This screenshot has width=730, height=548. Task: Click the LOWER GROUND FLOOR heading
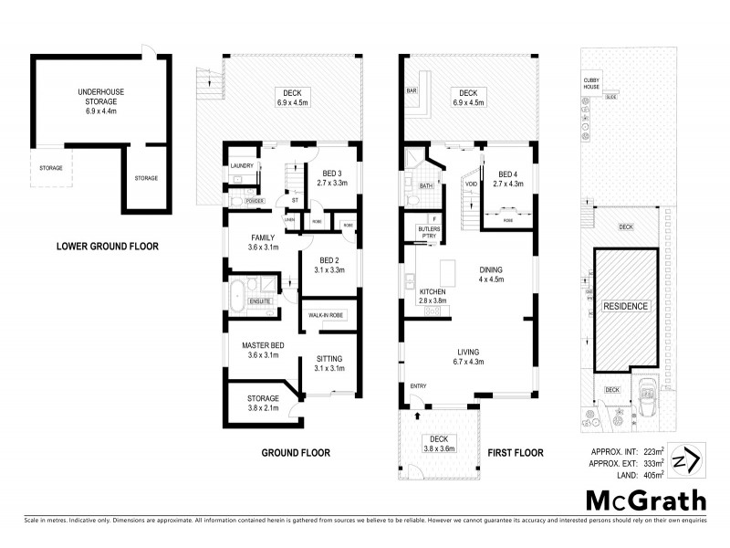coord(107,245)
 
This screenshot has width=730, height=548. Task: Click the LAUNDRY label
coord(241,165)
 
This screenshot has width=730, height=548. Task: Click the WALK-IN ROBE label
coord(324,315)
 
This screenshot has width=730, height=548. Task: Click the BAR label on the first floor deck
coord(412,92)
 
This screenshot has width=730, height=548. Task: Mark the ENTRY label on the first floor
coord(418,385)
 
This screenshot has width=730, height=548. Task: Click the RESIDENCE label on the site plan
coord(624,307)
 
